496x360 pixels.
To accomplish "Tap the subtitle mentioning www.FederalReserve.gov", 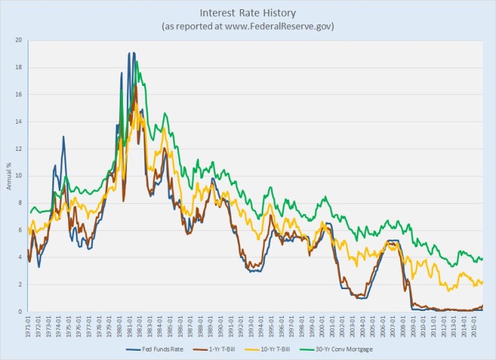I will pos(248,26).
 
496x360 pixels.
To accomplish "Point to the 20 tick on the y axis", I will pos(19,40).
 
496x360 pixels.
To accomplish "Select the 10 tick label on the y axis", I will pos(19,176).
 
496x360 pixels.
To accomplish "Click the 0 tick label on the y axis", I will pos(20,312).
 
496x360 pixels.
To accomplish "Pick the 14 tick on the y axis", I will pos(19,122).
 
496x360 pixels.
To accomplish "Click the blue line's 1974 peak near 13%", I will pos(63,136).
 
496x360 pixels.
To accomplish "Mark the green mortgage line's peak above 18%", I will pos(136,61).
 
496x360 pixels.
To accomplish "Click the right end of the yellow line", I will pos(483,282).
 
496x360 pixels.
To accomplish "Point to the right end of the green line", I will pos(483,259).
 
